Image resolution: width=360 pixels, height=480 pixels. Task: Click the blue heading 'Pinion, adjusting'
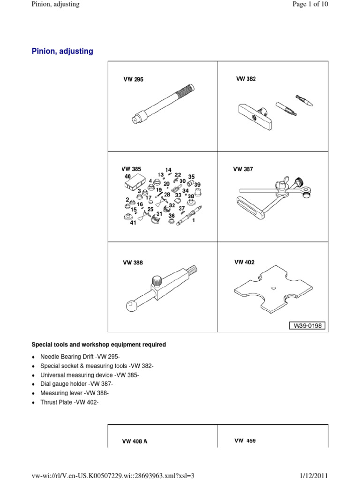tap(62, 52)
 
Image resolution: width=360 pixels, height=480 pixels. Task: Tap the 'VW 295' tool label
tap(134, 80)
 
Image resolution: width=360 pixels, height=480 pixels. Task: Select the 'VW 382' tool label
tap(246, 79)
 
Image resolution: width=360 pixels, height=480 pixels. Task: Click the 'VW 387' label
tap(243, 169)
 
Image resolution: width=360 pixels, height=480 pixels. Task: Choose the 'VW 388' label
tap(133, 263)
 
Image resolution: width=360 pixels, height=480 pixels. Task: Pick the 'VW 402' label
tap(244, 262)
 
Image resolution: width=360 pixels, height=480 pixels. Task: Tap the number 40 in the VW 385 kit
tap(127, 176)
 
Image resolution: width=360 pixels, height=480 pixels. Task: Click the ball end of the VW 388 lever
tap(130, 306)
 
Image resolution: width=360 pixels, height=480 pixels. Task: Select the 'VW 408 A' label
tap(135, 442)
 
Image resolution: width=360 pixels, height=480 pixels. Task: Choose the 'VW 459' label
tap(245, 441)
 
